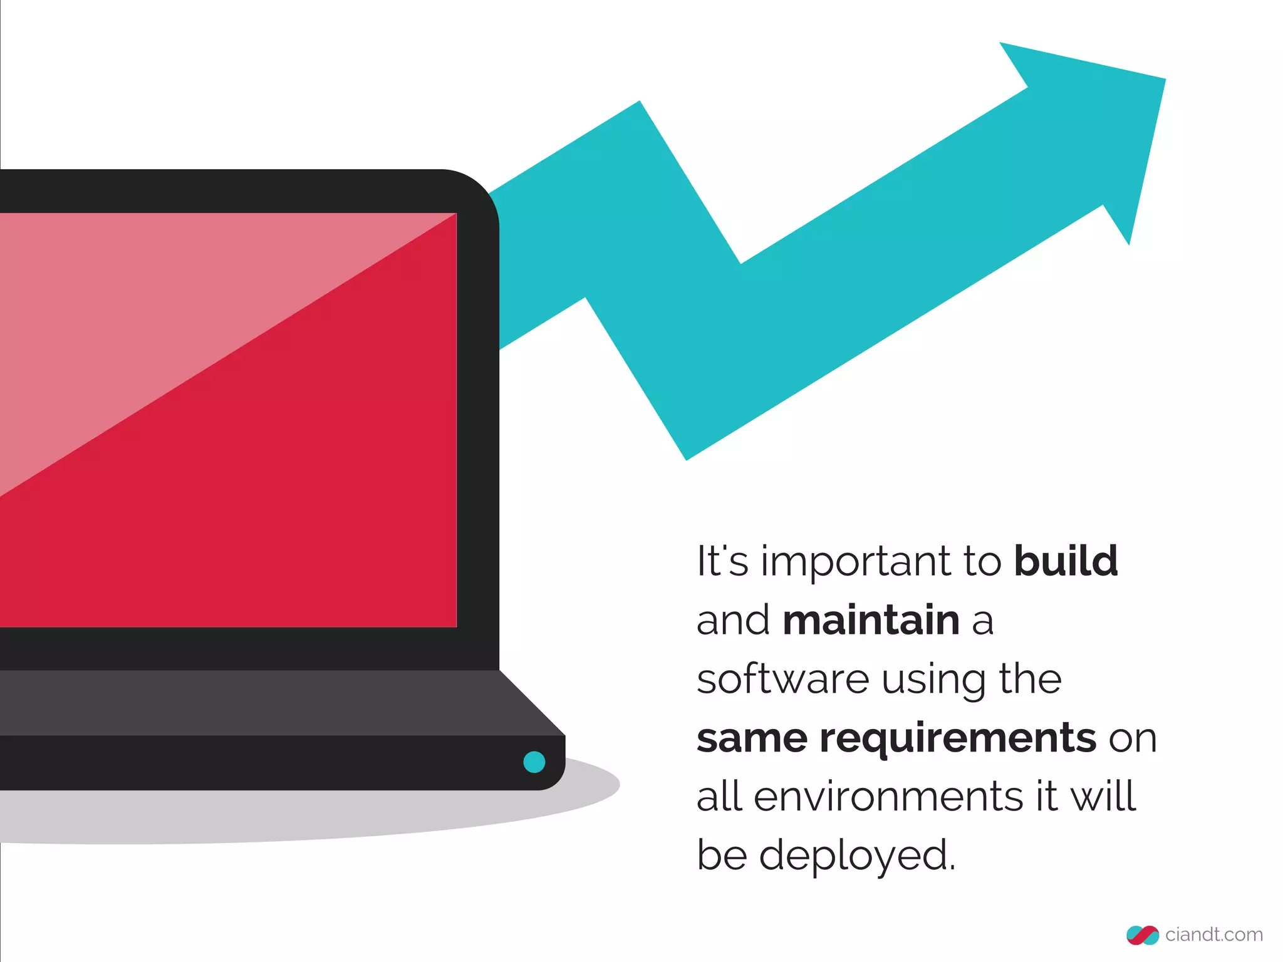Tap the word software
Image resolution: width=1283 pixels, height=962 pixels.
point(783,679)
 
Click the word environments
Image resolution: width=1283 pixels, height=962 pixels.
point(888,797)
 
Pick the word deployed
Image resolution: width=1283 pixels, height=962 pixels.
point(858,856)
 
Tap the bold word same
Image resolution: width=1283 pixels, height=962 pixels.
point(752,739)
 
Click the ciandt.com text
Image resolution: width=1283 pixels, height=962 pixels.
point(1213,934)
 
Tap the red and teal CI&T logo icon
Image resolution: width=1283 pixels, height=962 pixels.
point(1142,935)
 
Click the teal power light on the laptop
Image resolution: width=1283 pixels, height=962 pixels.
point(534,762)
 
